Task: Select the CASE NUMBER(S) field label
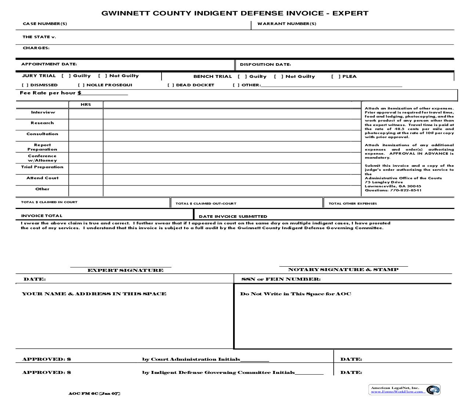click(x=45, y=24)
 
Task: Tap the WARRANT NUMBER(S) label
click(x=287, y=24)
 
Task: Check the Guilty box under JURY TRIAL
click(x=66, y=76)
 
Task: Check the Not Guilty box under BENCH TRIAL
click(x=279, y=76)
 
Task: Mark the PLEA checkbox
click(x=335, y=76)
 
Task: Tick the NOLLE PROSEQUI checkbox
click(x=81, y=85)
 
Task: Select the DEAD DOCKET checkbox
click(x=171, y=85)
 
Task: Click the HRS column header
click(x=86, y=105)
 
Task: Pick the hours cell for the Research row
click(x=86, y=125)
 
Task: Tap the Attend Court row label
click(x=42, y=178)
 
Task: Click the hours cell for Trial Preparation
click(x=86, y=169)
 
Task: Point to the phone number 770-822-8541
click(x=406, y=190)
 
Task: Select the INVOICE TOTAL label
click(x=41, y=216)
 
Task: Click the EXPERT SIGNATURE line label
click(x=125, y=270)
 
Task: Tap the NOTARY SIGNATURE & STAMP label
click(x=343, y=270)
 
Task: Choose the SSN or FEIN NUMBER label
click(x=281, y=279)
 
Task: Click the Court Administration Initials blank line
click(x=254, y=360)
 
